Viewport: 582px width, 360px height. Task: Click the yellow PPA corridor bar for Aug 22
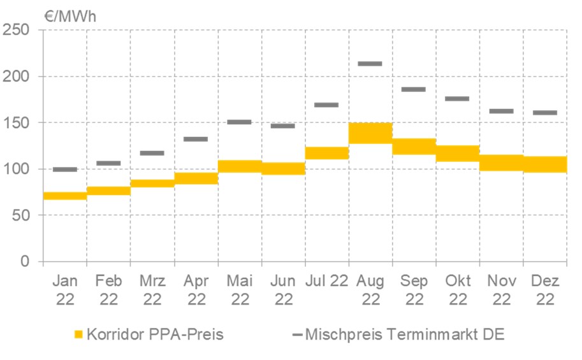370,133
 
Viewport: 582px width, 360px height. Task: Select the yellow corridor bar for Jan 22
65,196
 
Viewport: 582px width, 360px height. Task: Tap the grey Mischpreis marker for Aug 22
370,64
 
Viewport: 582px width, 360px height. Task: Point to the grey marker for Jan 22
65,169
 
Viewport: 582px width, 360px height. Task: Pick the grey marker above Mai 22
240,122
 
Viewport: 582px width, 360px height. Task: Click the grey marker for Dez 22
545,113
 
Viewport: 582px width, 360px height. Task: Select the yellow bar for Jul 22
327,153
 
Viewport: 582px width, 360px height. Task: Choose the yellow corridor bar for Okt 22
458,153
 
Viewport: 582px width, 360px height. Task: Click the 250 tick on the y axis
19,30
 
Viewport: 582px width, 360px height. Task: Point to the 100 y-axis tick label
19,169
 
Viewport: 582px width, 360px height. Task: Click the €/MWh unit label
70,16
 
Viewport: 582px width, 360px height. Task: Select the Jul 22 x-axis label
327,281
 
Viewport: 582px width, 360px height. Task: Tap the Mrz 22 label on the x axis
152,290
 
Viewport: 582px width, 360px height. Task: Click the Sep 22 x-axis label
414,290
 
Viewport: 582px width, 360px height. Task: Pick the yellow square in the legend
78,334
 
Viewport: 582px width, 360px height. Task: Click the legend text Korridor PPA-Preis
156,334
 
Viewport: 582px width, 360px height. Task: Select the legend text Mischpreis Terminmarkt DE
405,334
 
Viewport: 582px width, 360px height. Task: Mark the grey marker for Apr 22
196,139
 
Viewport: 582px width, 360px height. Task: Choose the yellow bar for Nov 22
501,162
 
